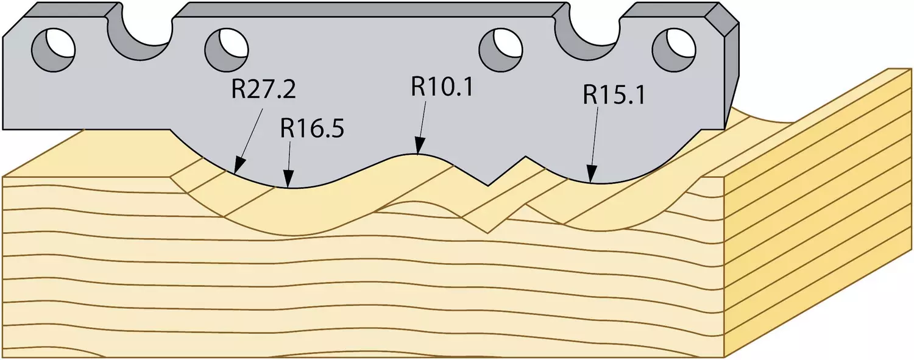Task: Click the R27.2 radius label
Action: (263, 90)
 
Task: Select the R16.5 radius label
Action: (312, 129)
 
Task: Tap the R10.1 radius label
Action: (442, 86)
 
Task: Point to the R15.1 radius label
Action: (614, 95)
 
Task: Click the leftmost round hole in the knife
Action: (54, 50)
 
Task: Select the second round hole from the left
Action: (227, 50)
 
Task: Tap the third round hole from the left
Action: (500, 50)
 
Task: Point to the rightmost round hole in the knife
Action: (674, 50)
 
